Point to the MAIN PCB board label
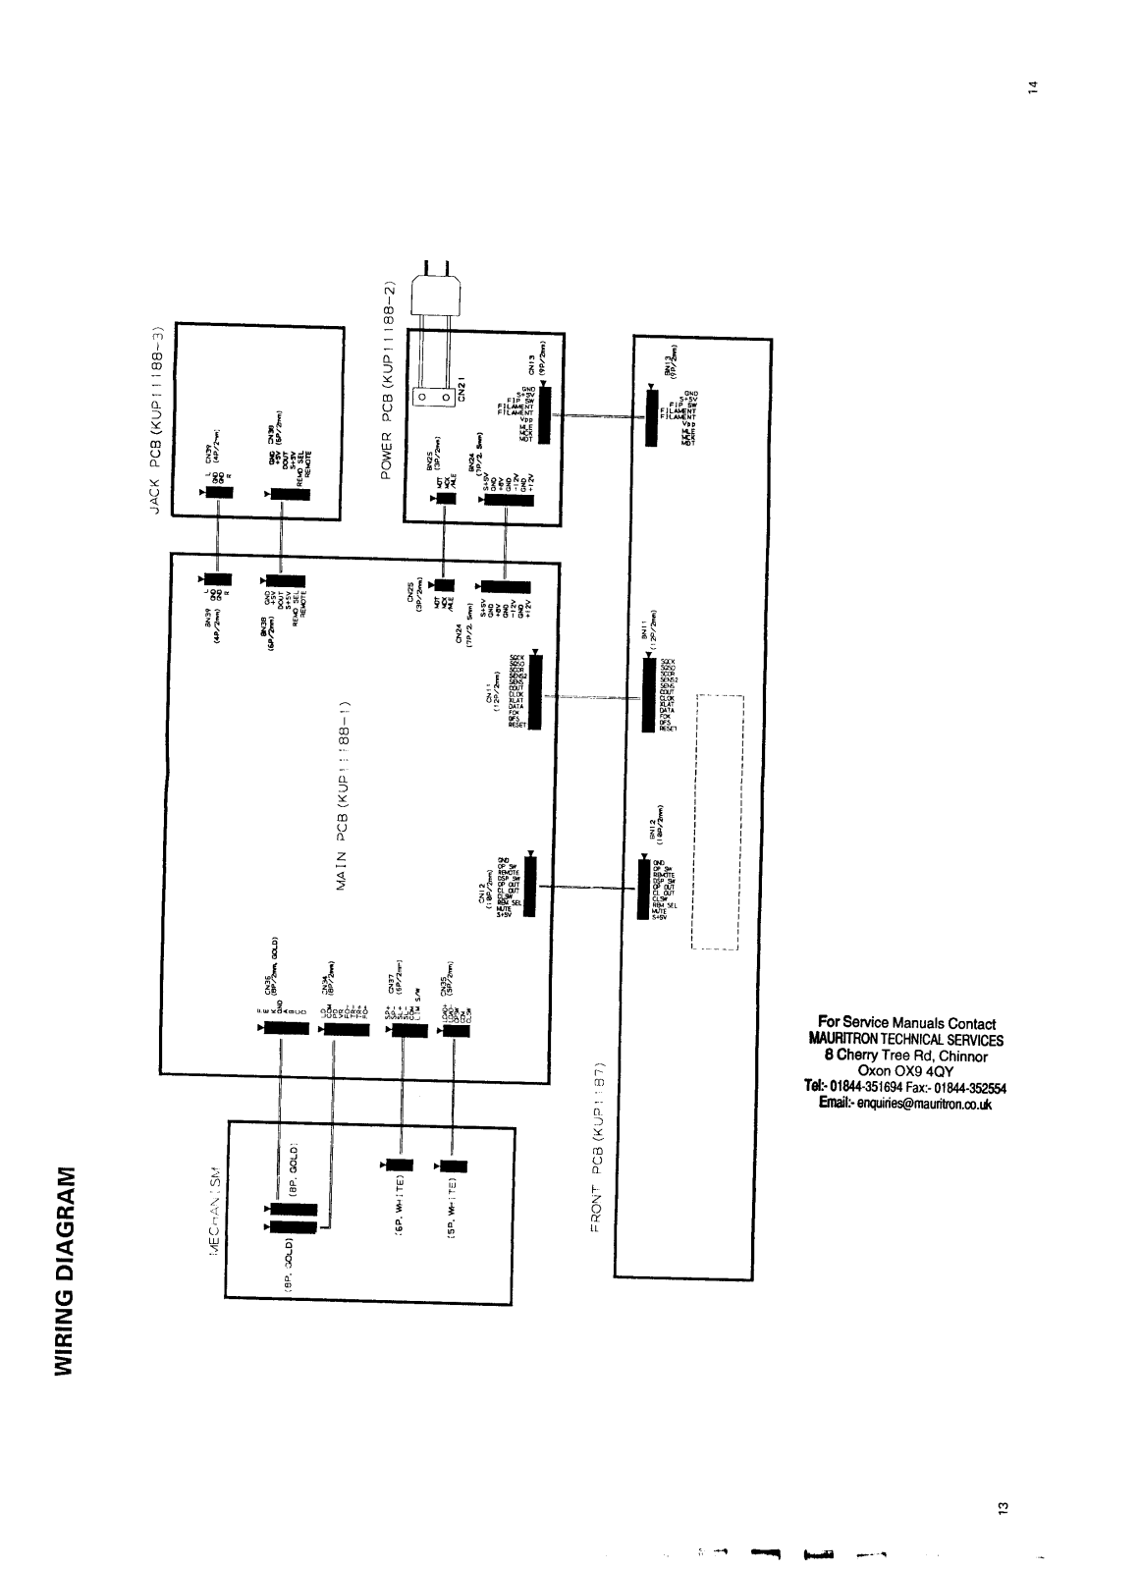344,796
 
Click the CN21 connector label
461,389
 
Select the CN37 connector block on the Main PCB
401,1029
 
